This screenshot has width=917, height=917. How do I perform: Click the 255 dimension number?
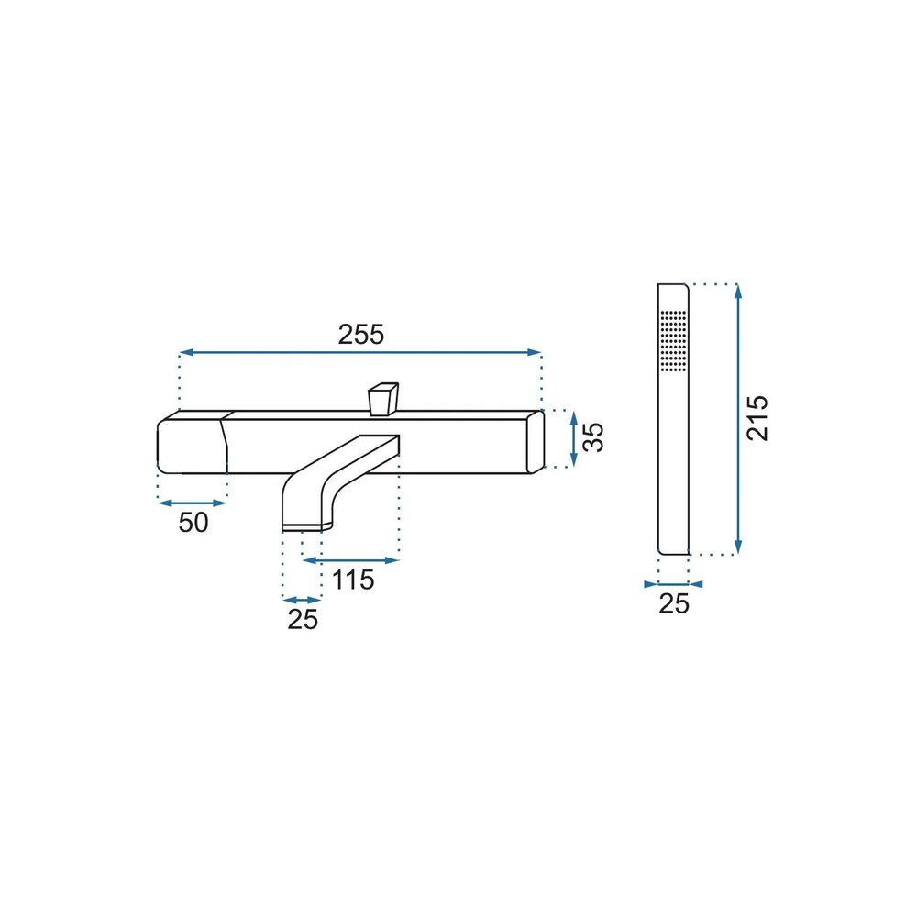point(360,335)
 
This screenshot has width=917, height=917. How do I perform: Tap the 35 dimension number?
point(593,436)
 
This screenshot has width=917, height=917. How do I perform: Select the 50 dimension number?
point(193,523)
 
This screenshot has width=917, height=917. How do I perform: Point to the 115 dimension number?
point(353,580)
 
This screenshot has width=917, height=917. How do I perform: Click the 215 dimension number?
point(757,417)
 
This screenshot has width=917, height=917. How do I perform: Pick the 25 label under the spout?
point(303,619)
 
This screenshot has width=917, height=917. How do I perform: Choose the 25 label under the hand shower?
point(674,603)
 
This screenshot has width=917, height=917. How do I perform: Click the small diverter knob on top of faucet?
point(383,399)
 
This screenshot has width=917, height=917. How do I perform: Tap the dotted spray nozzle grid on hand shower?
point(673,340)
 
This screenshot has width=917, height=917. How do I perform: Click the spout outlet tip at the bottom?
point(302,528)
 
